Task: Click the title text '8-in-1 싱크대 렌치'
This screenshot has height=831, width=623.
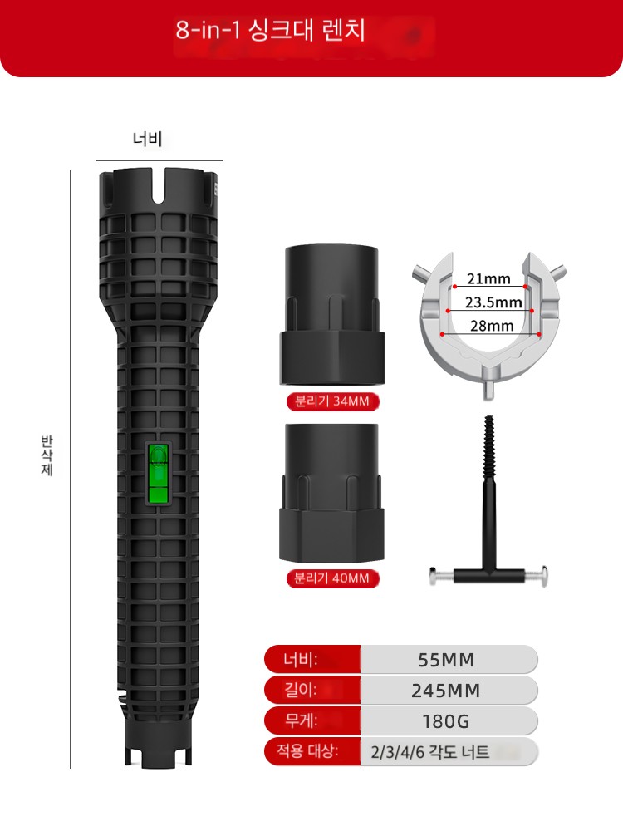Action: [x=270, y=30]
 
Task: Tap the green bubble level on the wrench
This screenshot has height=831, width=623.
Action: [x=159, y=474]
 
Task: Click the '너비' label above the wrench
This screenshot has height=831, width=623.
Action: [x=147, y=140]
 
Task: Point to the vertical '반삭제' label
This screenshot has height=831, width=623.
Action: [x=47, y=455]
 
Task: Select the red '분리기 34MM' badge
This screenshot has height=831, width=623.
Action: [x=332, y=401]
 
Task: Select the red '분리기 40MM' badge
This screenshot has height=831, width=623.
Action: [x=332, y=578]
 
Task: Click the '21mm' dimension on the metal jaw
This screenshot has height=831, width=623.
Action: [x=488, y=278]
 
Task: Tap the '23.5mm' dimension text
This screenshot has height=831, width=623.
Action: [x=493, y=302]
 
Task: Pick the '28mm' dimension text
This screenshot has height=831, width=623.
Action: [x=492, y=326]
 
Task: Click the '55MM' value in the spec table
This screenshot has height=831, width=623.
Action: [x=446, y=660]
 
